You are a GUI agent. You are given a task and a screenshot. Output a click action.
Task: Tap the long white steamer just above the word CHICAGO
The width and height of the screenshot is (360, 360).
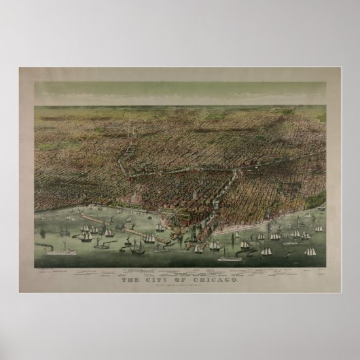click(x=226, y=258)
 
